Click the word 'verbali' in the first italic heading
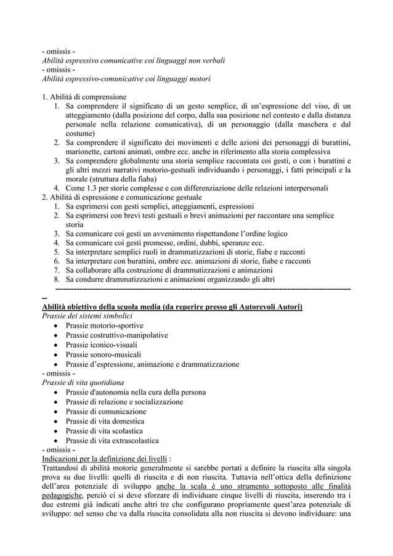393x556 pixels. [211, 60]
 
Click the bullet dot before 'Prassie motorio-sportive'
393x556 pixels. [56, 326]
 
